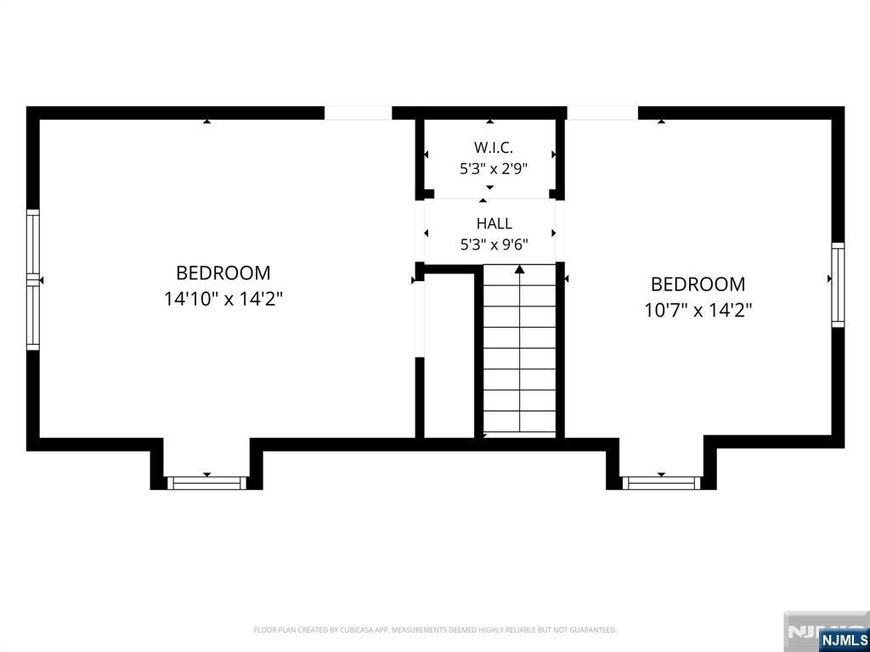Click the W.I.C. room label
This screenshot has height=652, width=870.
tap(494, 148)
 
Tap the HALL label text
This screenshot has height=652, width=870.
tap(494, 223)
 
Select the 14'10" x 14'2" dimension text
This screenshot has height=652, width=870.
tap(223, 300)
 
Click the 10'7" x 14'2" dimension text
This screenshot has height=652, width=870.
tap(698, 311)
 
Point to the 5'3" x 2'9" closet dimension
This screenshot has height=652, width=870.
tap(494, 169)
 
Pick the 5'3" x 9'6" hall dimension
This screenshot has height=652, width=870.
tap(494, 244)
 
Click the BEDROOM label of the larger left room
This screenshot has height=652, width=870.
tap(223, 273)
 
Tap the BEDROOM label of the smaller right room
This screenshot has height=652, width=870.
tap(698, 284)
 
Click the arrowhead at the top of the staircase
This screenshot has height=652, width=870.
tap(519, 269)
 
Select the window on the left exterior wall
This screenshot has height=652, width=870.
tap(33, 279)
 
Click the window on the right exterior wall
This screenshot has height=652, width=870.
tap(838, 284)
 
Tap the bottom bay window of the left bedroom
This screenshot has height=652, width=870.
tap(207, 483)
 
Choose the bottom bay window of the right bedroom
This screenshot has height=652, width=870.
tap(661, 483)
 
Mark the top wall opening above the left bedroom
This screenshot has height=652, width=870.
tap(358, 113)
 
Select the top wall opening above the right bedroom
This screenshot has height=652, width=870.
tap(602, 113)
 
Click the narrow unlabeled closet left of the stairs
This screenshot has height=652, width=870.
tap(449, 355)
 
